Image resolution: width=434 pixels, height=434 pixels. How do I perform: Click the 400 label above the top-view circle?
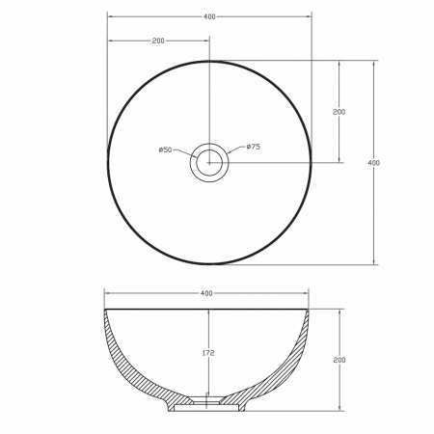point(209,16)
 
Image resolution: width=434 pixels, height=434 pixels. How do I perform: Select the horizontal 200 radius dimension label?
point(158,41)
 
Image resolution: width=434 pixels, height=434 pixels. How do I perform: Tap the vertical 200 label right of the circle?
point(339,112)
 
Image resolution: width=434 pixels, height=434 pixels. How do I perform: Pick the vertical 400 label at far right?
point(374,163)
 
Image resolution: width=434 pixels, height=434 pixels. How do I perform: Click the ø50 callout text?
point(165,149)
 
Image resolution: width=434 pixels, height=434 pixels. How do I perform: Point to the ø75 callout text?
point(254,147)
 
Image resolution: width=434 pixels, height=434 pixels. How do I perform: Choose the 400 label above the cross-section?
point(206,293)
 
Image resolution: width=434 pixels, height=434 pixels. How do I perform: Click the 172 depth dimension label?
point(208,353)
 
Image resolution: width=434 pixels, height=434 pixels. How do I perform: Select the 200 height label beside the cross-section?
point(339,360)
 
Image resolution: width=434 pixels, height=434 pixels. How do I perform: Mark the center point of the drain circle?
point(209,163)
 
